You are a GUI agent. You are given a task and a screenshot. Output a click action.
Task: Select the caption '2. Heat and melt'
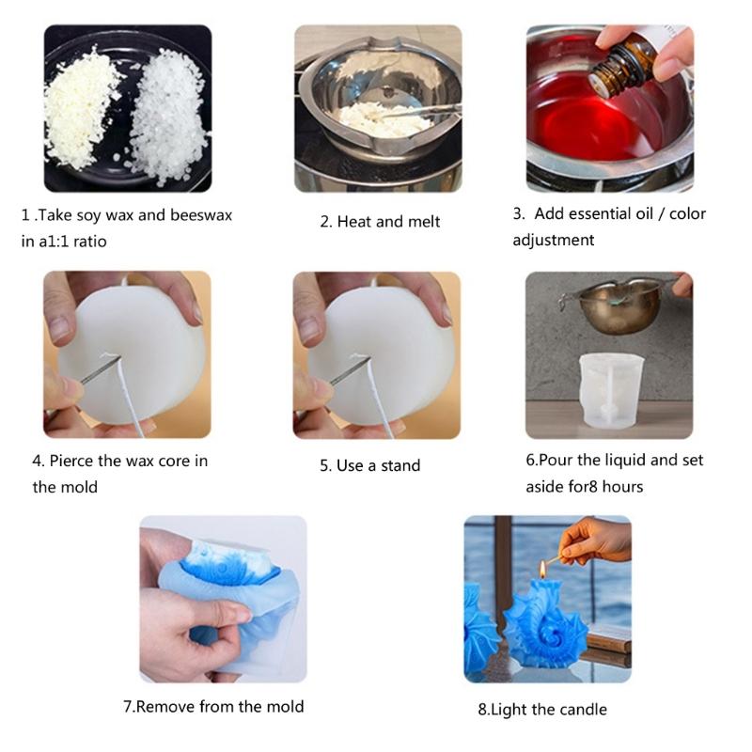coord(380,222)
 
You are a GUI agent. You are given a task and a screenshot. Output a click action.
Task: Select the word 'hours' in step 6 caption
coord(621,487)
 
